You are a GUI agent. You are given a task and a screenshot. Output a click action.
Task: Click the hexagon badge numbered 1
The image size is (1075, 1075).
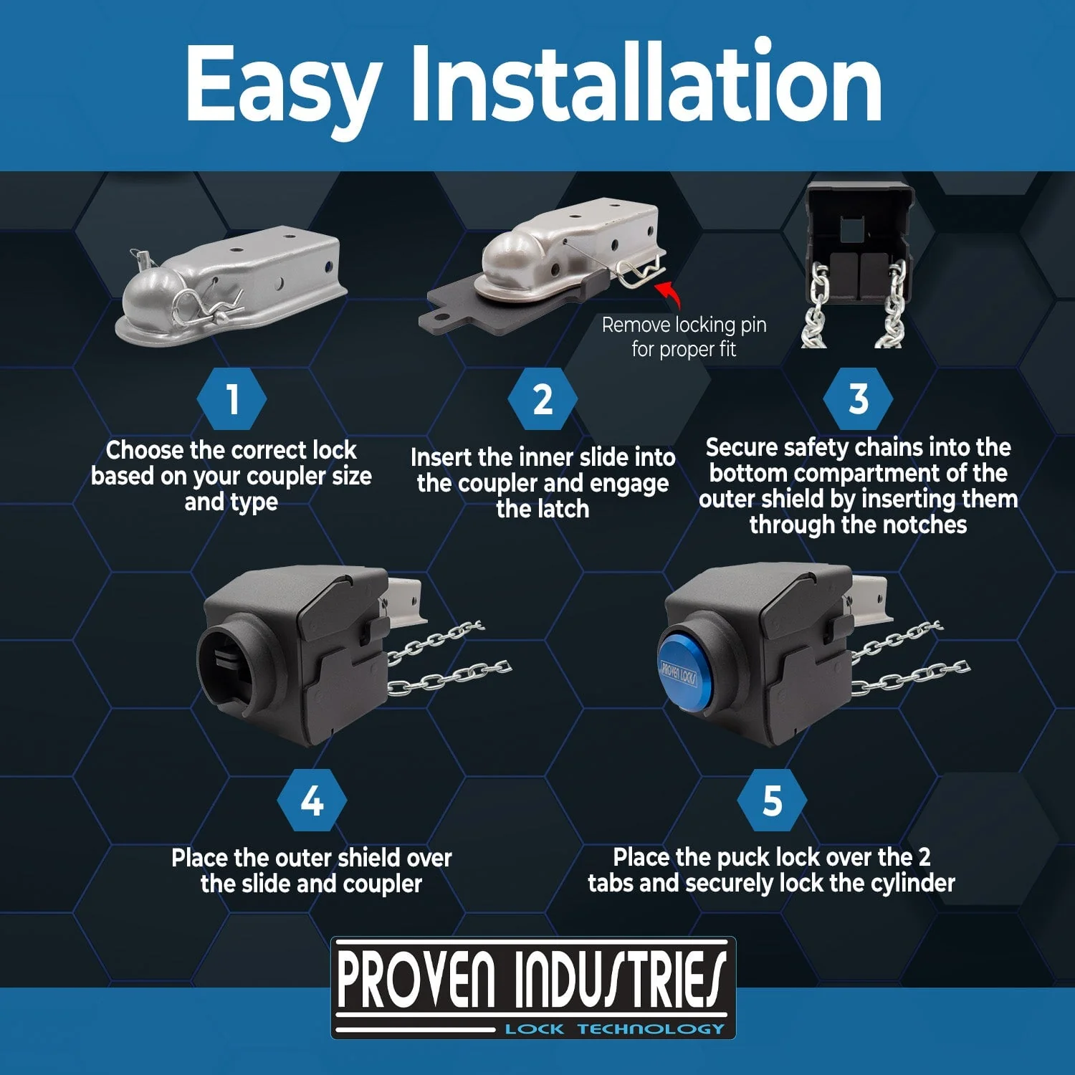pos(231,399)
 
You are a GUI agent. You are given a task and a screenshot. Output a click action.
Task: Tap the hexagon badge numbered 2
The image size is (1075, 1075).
pos(543,399)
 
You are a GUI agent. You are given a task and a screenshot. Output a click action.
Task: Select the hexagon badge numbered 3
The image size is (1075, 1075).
pos(858,399)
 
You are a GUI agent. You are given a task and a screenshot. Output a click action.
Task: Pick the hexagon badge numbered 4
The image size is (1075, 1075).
pos(312,801)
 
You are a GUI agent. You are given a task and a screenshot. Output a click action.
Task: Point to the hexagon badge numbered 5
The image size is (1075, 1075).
pos(772,801)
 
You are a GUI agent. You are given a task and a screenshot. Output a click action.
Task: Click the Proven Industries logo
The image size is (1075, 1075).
pos(533,988)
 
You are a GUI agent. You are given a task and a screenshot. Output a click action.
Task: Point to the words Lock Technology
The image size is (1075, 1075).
pos(615,1029)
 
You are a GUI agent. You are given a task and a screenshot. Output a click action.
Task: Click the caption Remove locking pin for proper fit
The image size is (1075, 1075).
pos(684,337)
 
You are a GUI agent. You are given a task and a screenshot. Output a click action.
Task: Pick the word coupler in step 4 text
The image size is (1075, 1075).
pos(382,884)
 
